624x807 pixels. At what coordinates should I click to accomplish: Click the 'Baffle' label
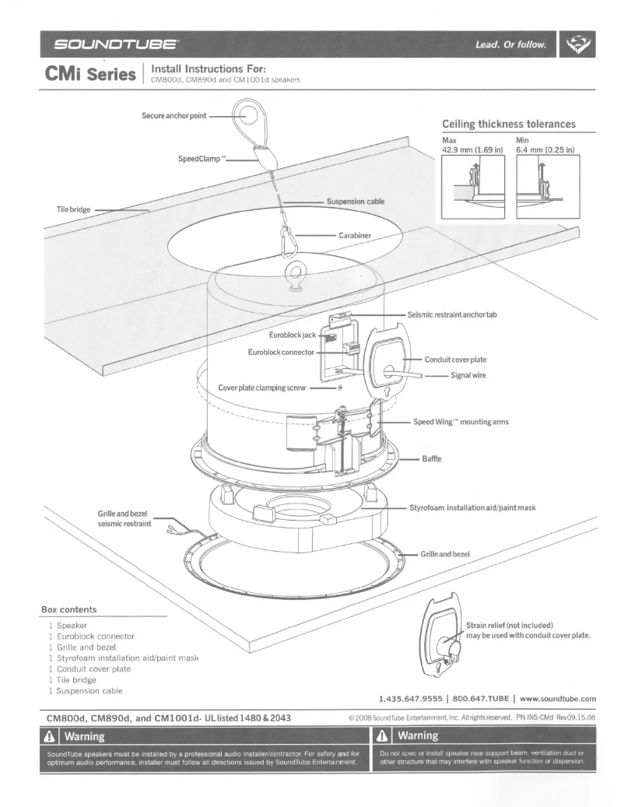[431, 458]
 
